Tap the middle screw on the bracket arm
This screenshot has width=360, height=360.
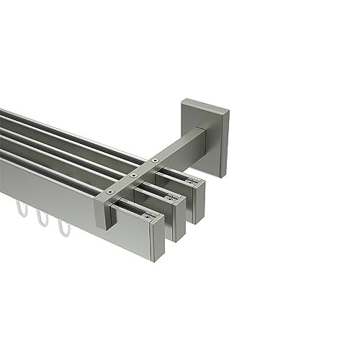click(x=132, y=174)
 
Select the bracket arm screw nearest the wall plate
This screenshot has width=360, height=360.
click(x=155, y=159)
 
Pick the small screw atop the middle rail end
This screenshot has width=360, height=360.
click(x=169, y=195)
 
